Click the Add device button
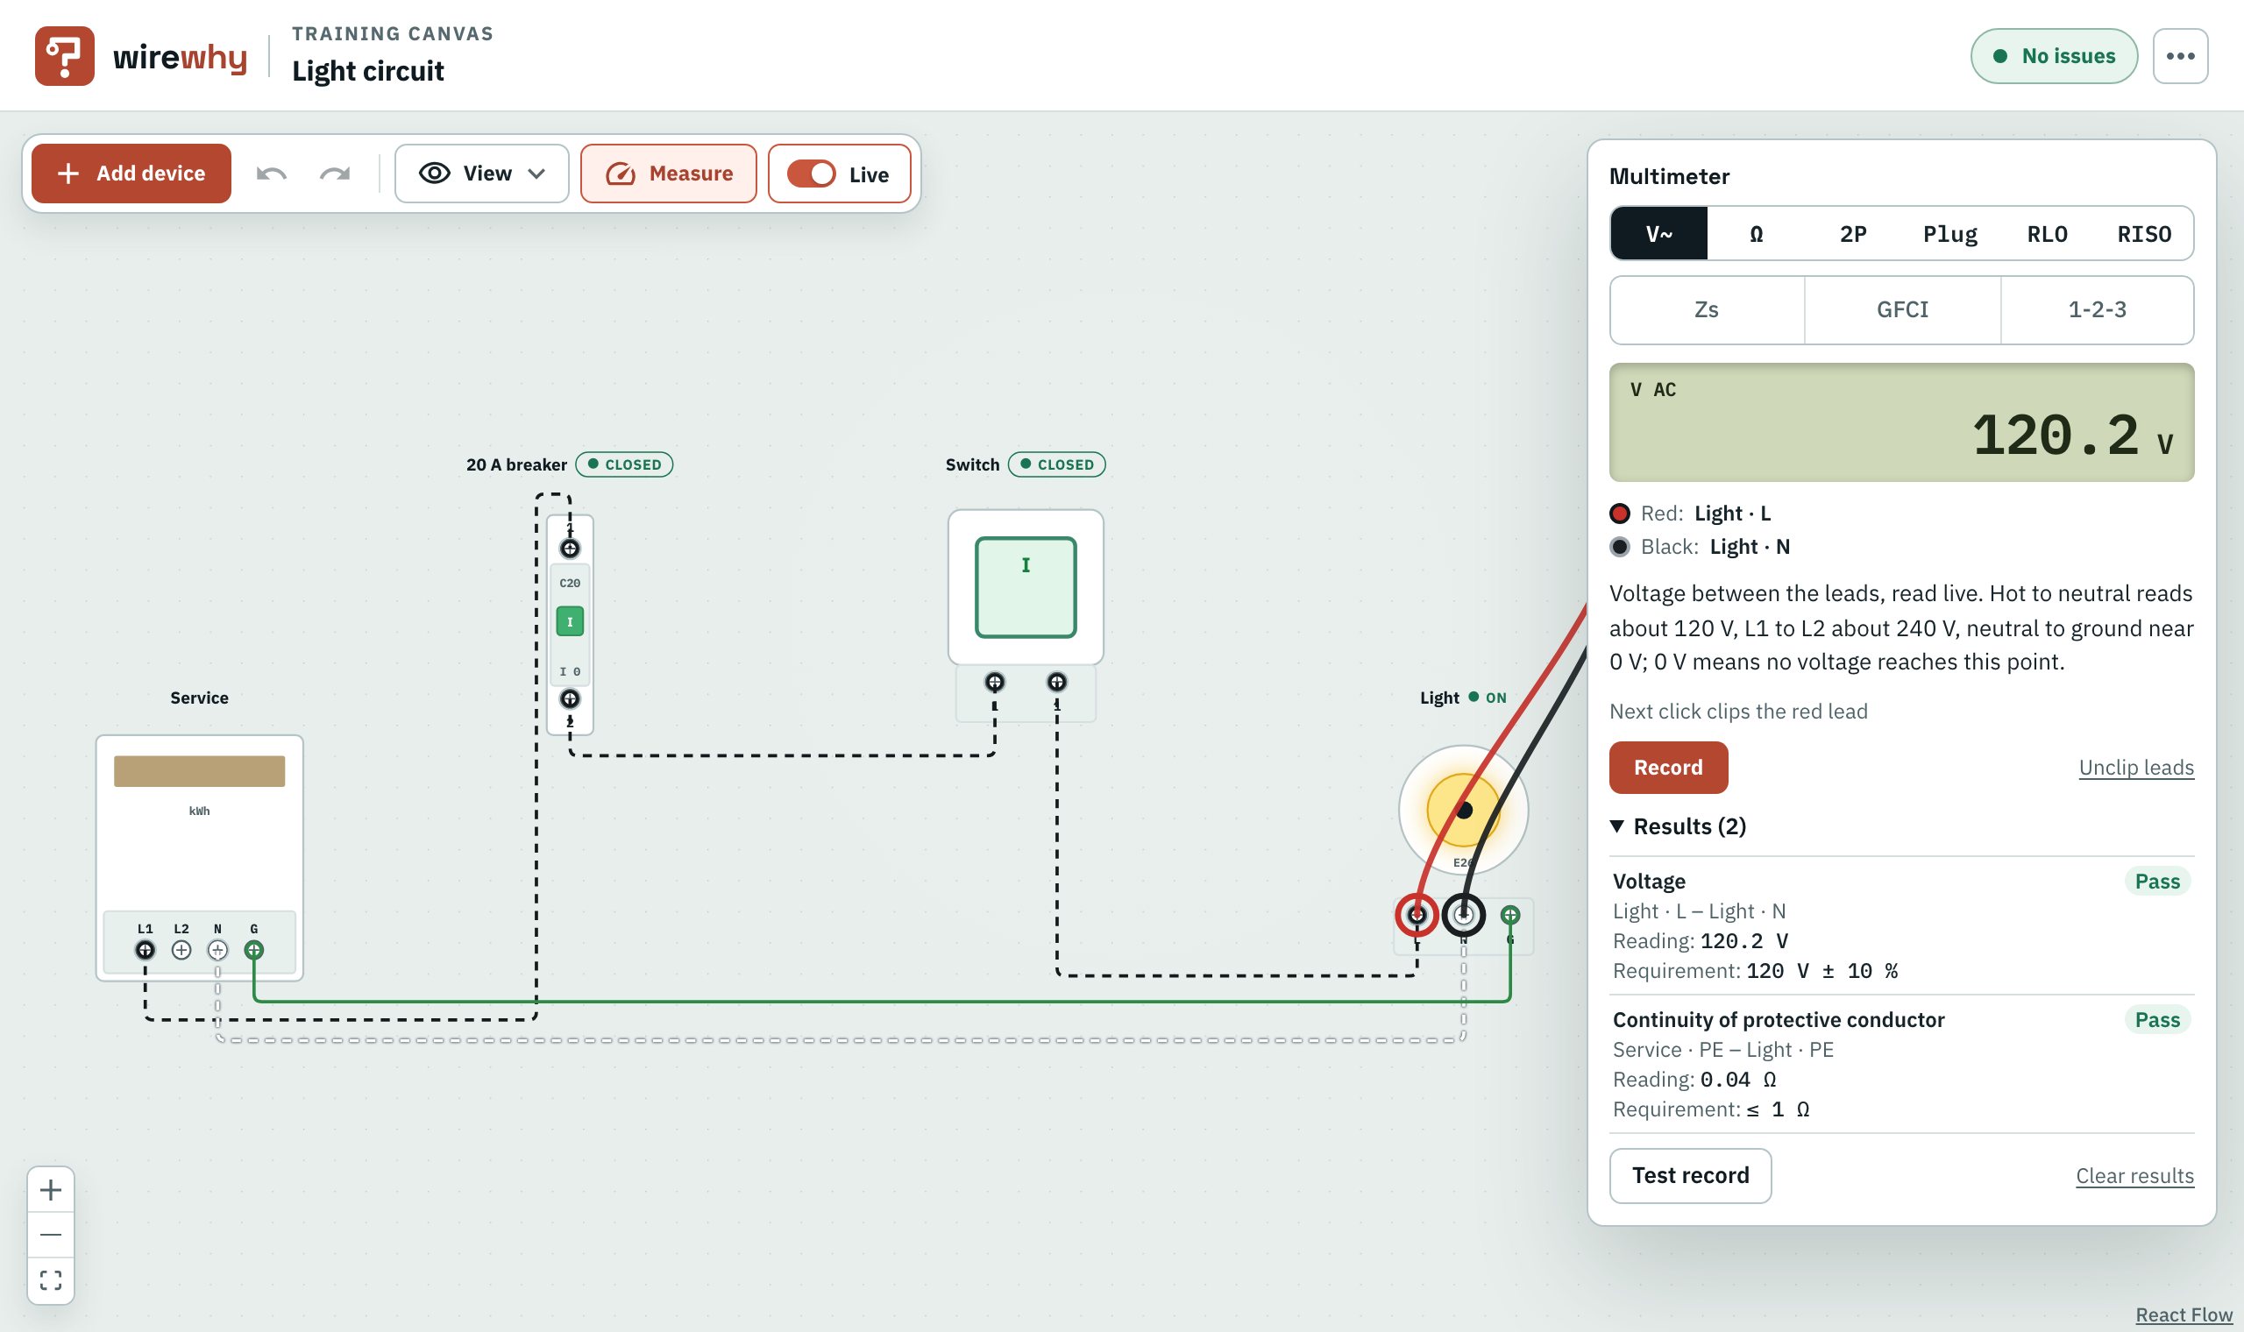click(131, 174)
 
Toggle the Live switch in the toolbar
click(812, 174)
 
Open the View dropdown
click(482, 174)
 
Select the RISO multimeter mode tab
click(2143, 233)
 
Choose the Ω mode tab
click(1756, 233)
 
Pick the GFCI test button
click(1902, 309)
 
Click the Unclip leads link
click(2136, 768)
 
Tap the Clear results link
click(2134, 1176)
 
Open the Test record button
click(1690, 1176)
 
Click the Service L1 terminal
click(145, 950)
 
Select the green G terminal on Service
click(254, 950)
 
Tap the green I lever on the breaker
click(570, 621)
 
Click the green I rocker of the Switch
click(1026, 587)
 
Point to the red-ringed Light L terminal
click(1417, 915)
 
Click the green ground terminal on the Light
click(1510, 915)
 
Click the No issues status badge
click(2054, 56)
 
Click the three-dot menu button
click(2180, 56)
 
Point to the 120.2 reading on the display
click(2056, 436)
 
